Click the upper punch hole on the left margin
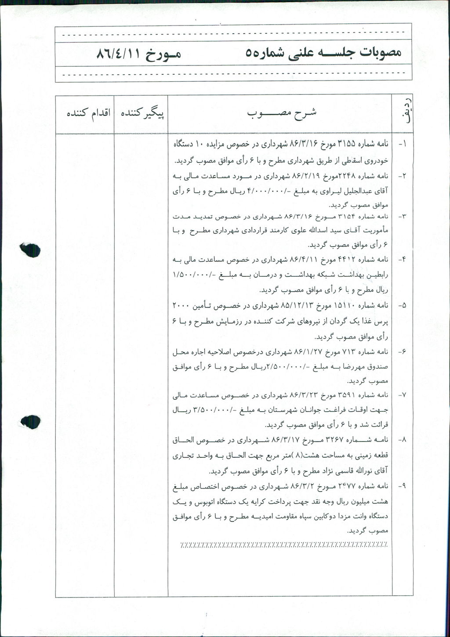30,250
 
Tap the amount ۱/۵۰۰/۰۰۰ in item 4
190,275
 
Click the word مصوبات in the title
381,53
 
